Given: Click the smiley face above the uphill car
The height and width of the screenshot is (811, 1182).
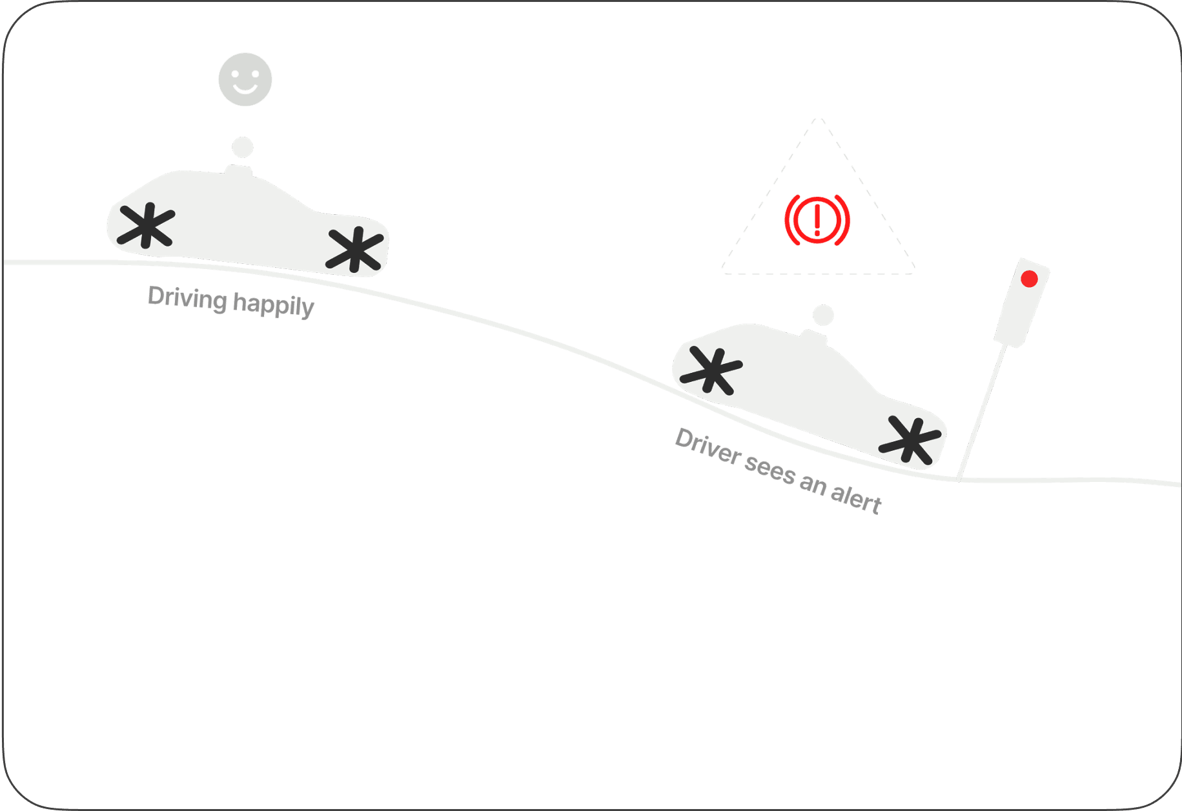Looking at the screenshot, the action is tap(245, 79).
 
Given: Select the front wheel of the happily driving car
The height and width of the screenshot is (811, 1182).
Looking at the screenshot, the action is tap(354, 250).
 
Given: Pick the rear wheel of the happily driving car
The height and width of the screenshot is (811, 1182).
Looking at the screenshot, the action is tap(147, 225).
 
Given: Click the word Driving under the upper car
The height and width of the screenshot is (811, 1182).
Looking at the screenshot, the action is tap(187, 298).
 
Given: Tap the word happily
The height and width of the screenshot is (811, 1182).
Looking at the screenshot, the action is tap(273, 305).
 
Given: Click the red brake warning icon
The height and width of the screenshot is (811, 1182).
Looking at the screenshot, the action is tap(817, 219).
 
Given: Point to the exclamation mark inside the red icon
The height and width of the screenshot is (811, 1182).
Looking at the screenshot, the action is tap(817, 218).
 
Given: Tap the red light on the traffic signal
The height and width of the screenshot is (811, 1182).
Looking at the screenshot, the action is tap(1029, 279).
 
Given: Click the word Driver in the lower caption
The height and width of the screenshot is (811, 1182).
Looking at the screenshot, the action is tap(708, 446).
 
